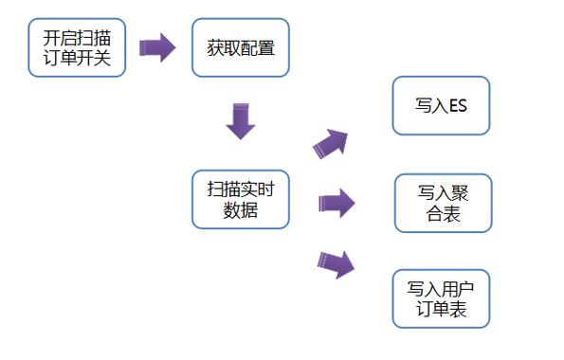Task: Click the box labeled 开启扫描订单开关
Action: (77, 47)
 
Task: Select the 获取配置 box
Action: (240, 47)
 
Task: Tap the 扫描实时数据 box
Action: (240, 199)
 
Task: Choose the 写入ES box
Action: (441, 105)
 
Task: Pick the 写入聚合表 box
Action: (443, 203)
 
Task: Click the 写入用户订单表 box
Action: (441, 298)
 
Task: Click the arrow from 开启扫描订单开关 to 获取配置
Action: (158, 47)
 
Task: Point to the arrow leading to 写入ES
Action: (331, 144)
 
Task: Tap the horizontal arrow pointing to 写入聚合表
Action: (337, 202)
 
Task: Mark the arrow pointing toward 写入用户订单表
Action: (336, 263)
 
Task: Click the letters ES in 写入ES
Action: (457, 105)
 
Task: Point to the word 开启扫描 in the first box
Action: (77, 38)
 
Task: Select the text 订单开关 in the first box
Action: (77, 58)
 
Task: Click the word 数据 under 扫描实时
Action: (240, 210)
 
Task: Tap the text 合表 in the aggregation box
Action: (443, 214)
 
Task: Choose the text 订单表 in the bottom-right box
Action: (441, 310)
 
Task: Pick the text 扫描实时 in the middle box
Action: (240, 188)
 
